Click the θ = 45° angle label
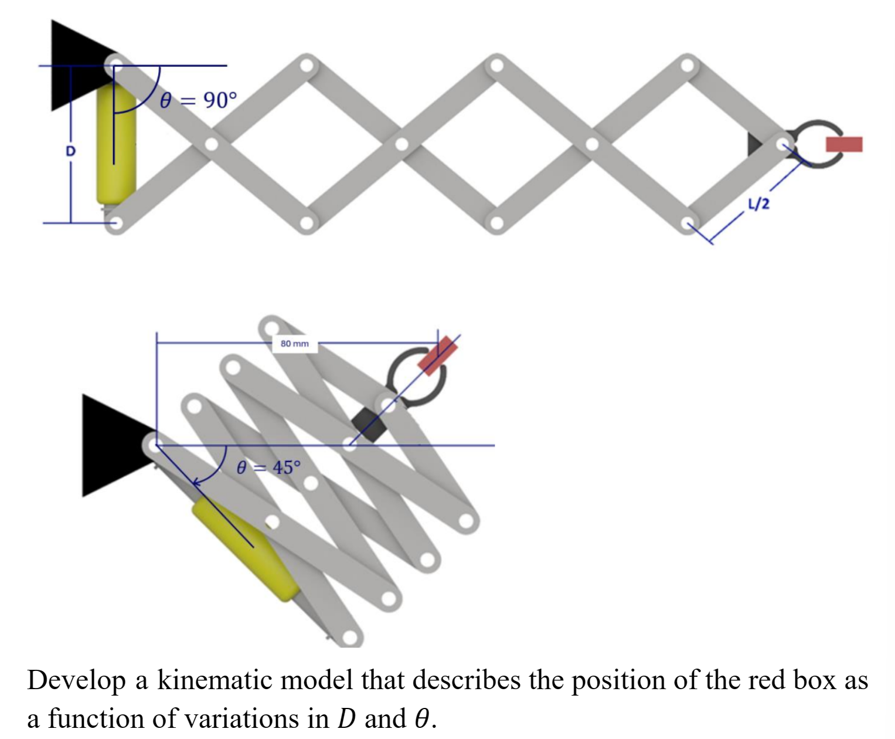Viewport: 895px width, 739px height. point(268,467)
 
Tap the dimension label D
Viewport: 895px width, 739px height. point(70,151)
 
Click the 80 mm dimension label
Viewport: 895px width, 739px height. point(294,344)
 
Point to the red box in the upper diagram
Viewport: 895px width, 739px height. point(844,144)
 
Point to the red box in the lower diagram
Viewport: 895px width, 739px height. point(438,355)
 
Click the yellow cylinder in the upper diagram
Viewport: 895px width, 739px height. point(116,147)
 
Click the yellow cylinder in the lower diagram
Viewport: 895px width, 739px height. point(246,548)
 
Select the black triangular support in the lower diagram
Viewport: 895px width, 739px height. point(111,446)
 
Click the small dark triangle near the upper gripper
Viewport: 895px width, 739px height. point(754,144)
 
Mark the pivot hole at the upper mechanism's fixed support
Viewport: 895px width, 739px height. point(116,64)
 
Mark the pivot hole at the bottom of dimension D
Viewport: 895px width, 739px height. point(116,223)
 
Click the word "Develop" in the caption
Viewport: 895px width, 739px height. point(76,680)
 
